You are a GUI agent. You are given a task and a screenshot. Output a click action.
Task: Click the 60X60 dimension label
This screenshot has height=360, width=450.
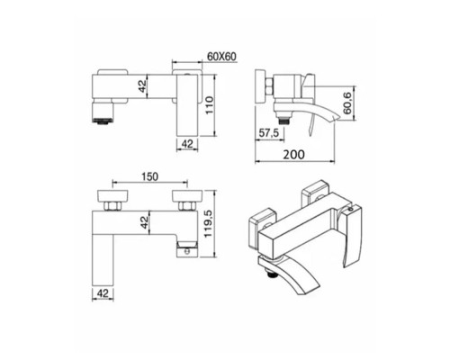pyautogui.click(x=221, y=57)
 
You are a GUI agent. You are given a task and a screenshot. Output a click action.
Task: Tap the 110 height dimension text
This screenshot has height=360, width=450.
pyautogui.click(x=209, y=104)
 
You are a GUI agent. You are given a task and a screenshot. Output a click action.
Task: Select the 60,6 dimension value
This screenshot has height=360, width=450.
pyautogui.click(x=347, y=103)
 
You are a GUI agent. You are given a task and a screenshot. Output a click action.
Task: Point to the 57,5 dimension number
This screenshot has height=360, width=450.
pyautogui.click(x=269, y=132)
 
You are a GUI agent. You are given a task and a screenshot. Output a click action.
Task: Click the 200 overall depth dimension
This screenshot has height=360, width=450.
pyautogui.click(x=294, y=155)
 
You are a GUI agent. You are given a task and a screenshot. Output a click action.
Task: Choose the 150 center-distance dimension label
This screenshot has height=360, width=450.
pyautogui.click(x=149, y=176)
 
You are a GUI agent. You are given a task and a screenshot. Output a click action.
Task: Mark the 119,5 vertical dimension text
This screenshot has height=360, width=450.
pyautogui.click(x=208, y=223)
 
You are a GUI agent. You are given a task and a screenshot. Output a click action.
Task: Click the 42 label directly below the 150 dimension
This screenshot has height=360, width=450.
pyautogui.click(x=145, y=222)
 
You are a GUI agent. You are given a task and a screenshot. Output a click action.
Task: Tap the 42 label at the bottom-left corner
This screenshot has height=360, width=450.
pyautogui.click(x=103, y=293)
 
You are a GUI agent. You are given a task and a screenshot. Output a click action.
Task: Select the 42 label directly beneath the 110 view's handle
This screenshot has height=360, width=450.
pyautogui.click(x=187, y=144)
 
